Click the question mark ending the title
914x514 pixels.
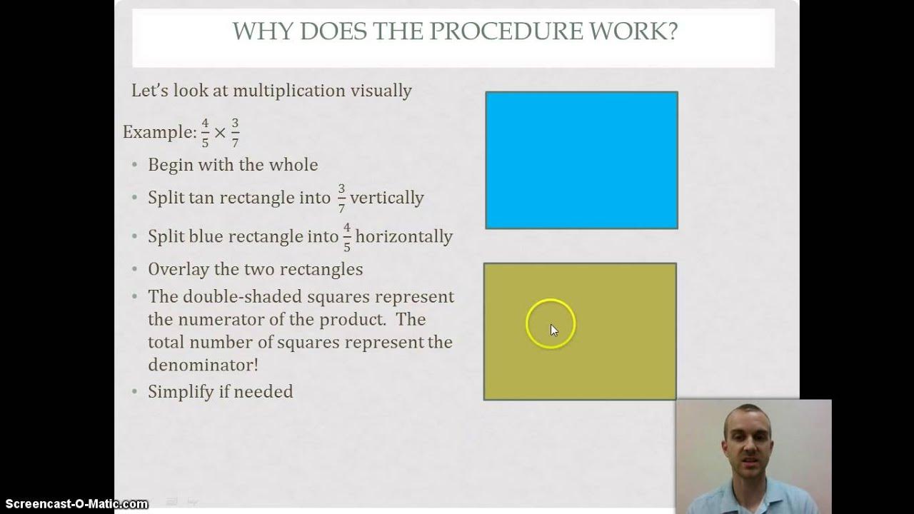pyautogui.click(x=671, y=32)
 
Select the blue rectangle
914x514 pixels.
pyautogui.click(x=581, y=160)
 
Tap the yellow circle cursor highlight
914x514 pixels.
pyautogui.click(x=551, y=323)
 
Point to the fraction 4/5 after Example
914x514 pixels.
pyautogui.click(x=205, y=133)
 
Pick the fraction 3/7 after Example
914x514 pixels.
pyautogui.click(x=235, y=133)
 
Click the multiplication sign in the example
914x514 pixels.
pyautogui.click(x=220, y=133)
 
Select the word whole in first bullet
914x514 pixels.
pyautogui.click(x=293, y=165)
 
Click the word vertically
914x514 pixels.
pyautogui.click(x=386, y=198)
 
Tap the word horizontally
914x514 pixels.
pyautogui.click(x=404, y=236)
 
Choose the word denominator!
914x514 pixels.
pyautogui.click(x=203, y=365)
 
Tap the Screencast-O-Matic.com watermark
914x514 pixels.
pyautogui.click(x=74, y=504)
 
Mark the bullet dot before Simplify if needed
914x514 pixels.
pyautogui.click(x=135, y=392)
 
